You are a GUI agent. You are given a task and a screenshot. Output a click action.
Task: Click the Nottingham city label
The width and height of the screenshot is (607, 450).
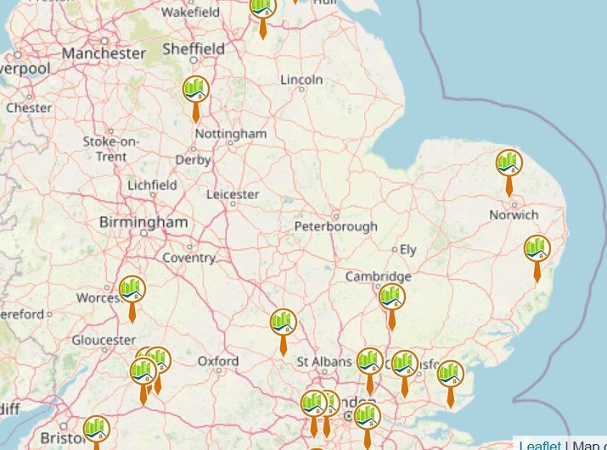point(230,134)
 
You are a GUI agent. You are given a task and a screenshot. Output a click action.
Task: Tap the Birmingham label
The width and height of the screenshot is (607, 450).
point(143,222)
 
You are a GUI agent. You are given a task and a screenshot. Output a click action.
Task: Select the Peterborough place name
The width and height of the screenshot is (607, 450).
point(335,227)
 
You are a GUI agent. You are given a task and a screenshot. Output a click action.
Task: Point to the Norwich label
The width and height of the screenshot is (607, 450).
point(514,215)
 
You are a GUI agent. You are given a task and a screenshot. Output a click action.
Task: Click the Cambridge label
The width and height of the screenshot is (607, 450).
point(378,276)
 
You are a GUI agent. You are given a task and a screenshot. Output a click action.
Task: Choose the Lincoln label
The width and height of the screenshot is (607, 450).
point(301,80)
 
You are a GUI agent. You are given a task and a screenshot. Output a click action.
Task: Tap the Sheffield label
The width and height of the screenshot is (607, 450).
point(194,49)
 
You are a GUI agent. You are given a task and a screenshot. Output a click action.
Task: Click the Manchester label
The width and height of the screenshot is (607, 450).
point(104,53)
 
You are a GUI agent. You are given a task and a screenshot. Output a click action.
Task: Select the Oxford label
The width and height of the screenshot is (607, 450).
point(218,361)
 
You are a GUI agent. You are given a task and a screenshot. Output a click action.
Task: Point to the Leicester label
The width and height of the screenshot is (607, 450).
point(233,194)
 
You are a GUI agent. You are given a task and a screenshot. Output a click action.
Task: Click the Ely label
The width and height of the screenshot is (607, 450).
point(408,250)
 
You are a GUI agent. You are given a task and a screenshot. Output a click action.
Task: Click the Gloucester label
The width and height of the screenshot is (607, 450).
point(104,340)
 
